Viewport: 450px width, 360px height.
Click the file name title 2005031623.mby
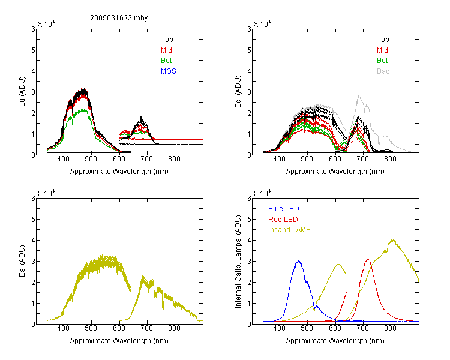coord(119,18)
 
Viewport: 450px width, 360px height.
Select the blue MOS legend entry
coord(169,71)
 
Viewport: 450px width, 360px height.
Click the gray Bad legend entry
coord(383,71)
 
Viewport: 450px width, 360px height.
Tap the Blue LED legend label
coord(284,209)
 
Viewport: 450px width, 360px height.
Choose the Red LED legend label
coord(283,220)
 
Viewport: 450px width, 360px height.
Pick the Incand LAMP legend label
coord(289,230)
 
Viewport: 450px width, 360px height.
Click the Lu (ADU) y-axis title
coord(22,91)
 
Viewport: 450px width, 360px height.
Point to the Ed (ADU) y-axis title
coord(238,91)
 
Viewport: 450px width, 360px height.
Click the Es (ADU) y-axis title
coord(22,260)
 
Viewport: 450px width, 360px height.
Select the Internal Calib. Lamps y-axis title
coord(238,261)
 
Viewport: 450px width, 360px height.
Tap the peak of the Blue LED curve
coord(299,261)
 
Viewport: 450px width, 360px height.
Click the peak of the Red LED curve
coord(368,259)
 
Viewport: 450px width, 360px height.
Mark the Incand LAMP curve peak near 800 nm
coord(392,239)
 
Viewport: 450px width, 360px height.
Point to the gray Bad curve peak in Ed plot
coord(359,95)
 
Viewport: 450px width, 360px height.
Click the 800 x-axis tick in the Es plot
coord(174,328)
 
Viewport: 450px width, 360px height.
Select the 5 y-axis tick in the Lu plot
coord(33,50)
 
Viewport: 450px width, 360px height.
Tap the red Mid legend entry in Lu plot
coord(166,50)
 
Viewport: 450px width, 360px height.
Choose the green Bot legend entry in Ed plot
coord(382,61)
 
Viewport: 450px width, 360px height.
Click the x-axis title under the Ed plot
coord(335,172)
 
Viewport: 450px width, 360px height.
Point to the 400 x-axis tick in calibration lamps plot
coord(279,328)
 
